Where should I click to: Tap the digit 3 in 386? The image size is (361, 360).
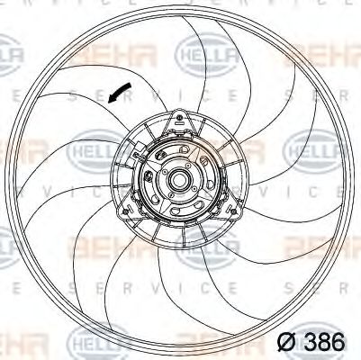click(x=306, y=343)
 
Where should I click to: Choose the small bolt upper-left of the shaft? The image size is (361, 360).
click(x=164, y=168)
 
